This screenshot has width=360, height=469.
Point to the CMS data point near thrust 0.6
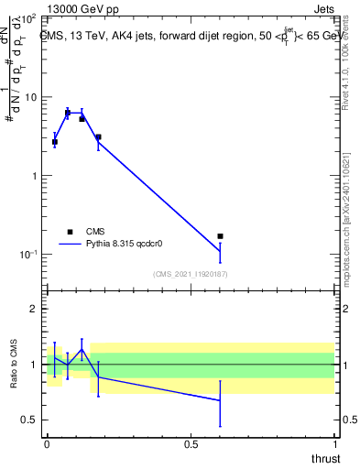pyautogui.click(x=220, y=236)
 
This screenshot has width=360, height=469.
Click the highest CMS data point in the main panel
pyautogui.click(x=68, y=113)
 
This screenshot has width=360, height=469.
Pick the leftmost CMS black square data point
pyautogui.click(x=55, y=142)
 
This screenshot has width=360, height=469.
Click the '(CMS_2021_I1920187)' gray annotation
pyautogui.click(x=190, y=273)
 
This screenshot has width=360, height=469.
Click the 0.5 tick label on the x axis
pyautogui.click(x=191, y=443)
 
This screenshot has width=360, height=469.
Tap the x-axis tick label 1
pyautogui.click(x=334, y=443)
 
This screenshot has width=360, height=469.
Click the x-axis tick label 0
pyautogui.click(x=47, y=443)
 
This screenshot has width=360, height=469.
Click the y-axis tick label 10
pyautogui.click(x=30, y=97)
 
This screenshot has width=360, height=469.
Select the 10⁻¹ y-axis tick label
pyautogui.click(x=27, y=255)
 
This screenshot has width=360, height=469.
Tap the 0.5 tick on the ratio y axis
pyautogui.click(x=29, y=420)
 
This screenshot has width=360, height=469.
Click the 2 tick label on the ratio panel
pyautogui.click(x=35, y=309)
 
